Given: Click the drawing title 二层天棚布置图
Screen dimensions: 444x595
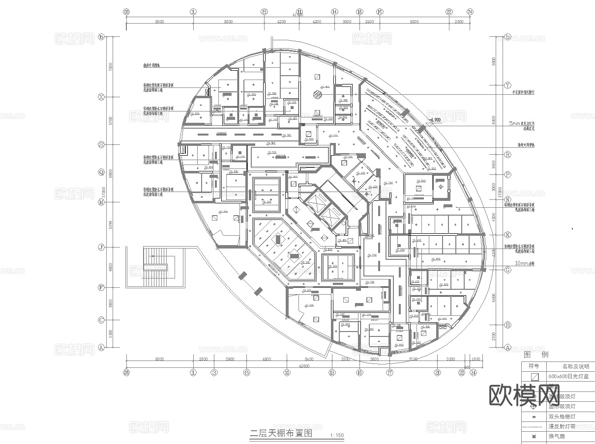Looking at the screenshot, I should pyautogui.click(x=281, y=434).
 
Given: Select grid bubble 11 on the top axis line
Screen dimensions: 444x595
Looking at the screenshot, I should pyautogui.click(x=299, y=12).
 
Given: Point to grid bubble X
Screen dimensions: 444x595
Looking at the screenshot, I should pyautogui.click(x=102, y=97).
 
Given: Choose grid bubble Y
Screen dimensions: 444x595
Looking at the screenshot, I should pyautogui.click(x=508, y=85).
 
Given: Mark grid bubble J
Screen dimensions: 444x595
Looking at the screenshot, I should pyautogui.click(x=102, y=247).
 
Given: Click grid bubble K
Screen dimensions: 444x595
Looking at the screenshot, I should pyautogui.click(x=508, y=235).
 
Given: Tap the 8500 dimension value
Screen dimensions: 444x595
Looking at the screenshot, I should pyautogui.click(x=228, y=22).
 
